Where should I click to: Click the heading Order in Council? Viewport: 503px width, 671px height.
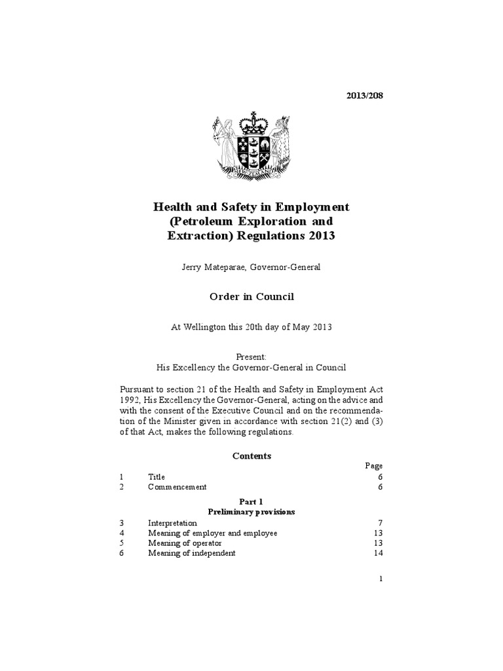[x=251, y=297]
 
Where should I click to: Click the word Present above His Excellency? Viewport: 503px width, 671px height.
[x=251, y=356]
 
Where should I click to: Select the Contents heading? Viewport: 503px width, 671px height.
[x=251, y=455]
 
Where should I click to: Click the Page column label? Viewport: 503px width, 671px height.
[x=373, y=466]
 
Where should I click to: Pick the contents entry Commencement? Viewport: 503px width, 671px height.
[x=177, y=487]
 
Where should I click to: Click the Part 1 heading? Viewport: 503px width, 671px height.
[x=251, y=501]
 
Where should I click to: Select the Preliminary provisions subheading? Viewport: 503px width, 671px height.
[x=251, y=510]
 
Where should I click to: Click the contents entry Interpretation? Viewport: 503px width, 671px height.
[x=172, y=523]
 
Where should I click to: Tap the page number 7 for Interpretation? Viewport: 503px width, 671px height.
[x=380, y=524]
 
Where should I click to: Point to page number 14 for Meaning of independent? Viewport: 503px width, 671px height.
[x=378, y=553]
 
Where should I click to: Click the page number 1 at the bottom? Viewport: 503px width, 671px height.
[x=381, y=579]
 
